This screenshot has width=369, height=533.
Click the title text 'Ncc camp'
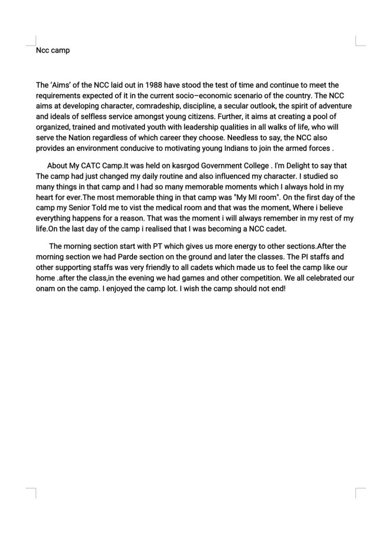(x=53, y=50)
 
